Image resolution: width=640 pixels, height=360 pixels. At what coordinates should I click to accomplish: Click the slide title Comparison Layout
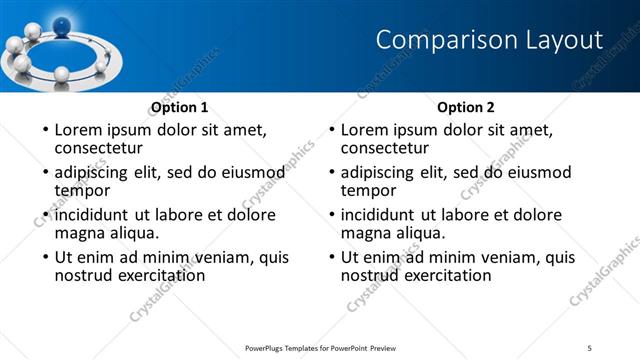pos(489,40)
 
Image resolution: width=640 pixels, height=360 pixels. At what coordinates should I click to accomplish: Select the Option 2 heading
pos(466,106)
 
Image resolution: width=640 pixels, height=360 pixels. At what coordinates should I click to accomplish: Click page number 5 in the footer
pos(590,347)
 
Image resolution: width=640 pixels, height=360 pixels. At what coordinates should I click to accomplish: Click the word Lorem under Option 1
pos(80,129)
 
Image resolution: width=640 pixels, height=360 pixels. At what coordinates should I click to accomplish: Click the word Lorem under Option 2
pos(366,129)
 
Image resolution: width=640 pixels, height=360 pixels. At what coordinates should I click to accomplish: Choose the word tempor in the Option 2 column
pos(369,190)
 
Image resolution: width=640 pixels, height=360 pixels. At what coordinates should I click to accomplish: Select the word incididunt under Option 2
pos(378,215)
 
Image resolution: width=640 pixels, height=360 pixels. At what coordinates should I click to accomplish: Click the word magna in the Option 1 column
pos(77,233)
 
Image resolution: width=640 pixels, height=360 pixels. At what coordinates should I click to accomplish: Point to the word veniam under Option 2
pos(501,257)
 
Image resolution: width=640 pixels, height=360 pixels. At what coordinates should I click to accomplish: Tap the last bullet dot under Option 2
pos(330,258)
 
